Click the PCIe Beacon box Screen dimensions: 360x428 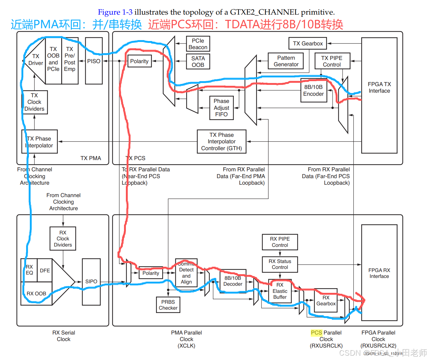tap(198, 44)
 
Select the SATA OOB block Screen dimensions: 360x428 tap(198, 62)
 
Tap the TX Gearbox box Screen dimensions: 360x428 tap(308, 44)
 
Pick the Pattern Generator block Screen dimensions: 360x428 tap(286, 61)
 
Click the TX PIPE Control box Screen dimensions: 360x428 tap(332, 61)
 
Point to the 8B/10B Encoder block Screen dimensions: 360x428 tap(314, 90)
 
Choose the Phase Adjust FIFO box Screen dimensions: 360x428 tap(221, 108)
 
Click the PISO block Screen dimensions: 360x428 tap(94, 61)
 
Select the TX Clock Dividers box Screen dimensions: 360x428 tap(35, 102)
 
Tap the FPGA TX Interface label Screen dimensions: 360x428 tap(379, 88)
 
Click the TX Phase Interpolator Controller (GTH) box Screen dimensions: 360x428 tap(221, 141)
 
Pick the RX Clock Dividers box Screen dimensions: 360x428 tap(63, 239)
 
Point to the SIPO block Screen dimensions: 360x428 tap(91, 281)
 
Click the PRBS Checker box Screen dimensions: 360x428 tap(168, 305)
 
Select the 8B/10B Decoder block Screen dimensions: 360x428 tap(233, 281)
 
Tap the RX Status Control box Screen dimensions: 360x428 tap(280, 264)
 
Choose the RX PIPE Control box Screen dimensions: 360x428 tap(280, 242)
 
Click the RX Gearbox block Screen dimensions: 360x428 tap(326, 300)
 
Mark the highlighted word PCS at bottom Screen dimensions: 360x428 tap(316, 333)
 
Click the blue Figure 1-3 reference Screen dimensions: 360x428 tap(115, 12)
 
